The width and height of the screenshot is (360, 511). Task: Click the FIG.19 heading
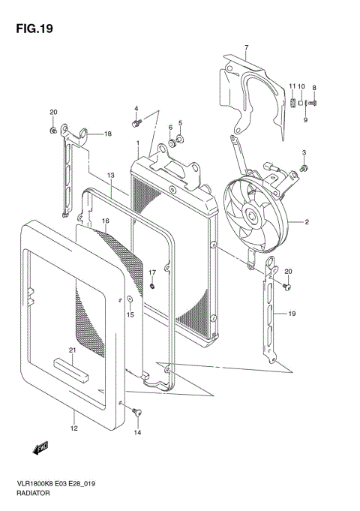[x=34, y=29]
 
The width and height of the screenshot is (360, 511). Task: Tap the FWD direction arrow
[x=40, y=447]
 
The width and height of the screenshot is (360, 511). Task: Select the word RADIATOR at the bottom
[x=33, y=493]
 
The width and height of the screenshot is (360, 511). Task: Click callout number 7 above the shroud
[x=246, y=47]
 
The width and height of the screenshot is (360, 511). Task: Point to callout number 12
[x=74, y=428]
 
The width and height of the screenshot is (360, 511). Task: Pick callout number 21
[x=72, y=350]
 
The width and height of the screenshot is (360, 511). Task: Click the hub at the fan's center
[x=252, y=215]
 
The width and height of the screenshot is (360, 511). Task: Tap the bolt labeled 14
[x=136, y=412]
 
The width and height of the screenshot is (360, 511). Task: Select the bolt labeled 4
[x=136, y=123]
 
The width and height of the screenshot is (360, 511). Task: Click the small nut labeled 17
[x=152, y=286]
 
